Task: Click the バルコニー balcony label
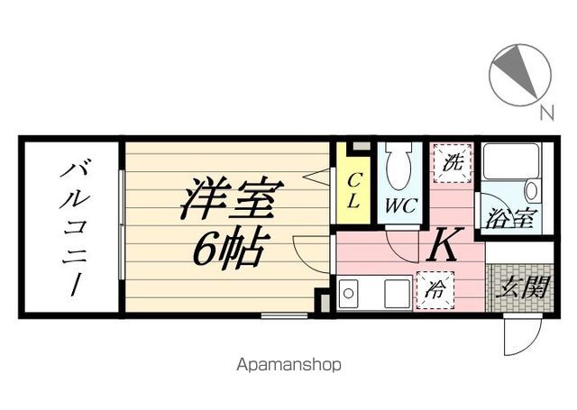[x=75, y=228]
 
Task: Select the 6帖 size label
[x=229, y=247]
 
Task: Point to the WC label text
[x=401, y=206]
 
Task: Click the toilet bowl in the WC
[x=399, y=165]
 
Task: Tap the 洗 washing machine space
[x=453, y=163]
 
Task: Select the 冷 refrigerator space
[x=435, y=290]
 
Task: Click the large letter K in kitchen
[x=445, y=244]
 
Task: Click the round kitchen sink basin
[x=348, y=294]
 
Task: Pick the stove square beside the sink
[x=397, y=294]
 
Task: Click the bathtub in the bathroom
[x=511, y=161]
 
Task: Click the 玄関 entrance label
[x=522, y=287]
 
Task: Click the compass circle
[x=520, y=76]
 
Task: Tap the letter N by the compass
[x=547, y=113]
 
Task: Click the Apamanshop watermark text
[x=288, y=365]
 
